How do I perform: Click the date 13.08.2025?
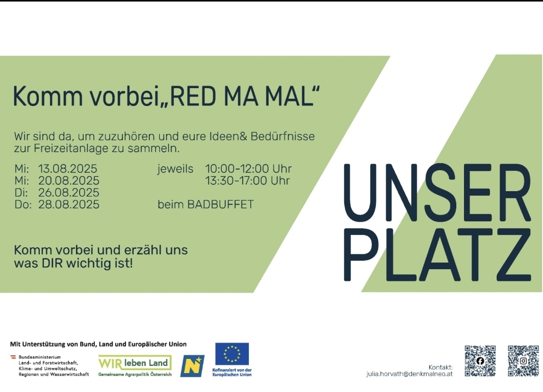click(67, 169)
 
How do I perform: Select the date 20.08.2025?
click(68, 181)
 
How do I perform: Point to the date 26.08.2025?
click(68, 193)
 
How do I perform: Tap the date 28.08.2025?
click(68, 204)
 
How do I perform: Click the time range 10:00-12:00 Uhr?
click(248, 169)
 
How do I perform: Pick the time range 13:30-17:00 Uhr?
click(247, 181)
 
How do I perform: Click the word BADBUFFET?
click(221, 204)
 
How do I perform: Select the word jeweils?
click(175, 169)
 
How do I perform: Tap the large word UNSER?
click(437, 192)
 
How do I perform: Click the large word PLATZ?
click(437, 254)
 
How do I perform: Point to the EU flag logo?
click(232, 354)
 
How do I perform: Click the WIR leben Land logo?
click(135, 365)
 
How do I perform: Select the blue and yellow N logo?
click(192, 366)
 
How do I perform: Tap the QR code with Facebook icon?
click(480, 361)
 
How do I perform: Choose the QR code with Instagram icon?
click(523, 361)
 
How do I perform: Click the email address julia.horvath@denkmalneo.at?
click(409, 374)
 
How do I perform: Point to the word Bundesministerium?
click(39, 357)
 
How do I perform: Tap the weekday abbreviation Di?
click(21, 193)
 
